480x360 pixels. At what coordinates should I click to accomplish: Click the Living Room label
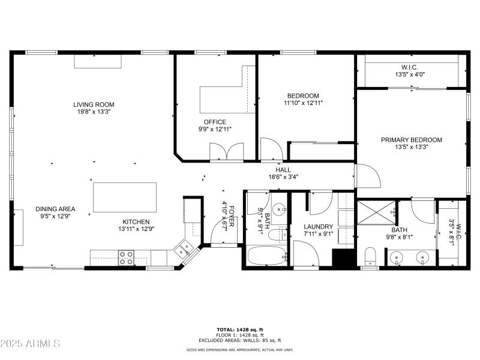point(94,104)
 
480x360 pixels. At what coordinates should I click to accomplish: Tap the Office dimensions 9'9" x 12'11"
point(214,129)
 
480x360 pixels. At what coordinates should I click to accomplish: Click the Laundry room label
point(319,226)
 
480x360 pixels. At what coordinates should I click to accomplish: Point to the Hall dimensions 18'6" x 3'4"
point(283,177)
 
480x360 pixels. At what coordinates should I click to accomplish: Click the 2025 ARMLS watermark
point(30,344)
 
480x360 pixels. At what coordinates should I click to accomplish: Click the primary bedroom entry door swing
point(367,176)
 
